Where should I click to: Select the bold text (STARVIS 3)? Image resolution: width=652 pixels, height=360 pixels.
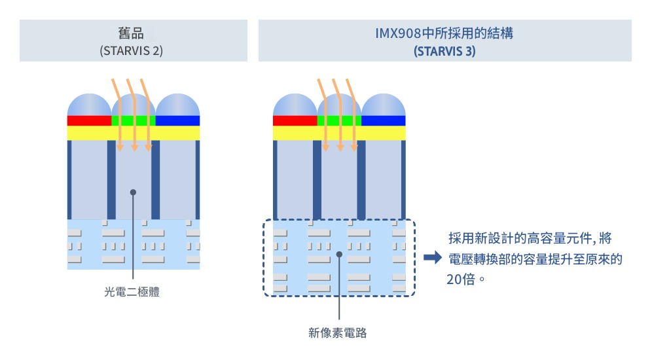[x=444, y=50]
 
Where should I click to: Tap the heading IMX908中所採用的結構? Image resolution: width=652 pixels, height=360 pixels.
[x=444, y=33]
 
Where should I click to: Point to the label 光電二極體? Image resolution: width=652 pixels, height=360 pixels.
[x=132, y=293]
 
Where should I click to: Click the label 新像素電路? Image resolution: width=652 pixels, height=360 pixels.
[x=338, y=333]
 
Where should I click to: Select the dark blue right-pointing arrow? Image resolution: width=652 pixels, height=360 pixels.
[x=433, y=258]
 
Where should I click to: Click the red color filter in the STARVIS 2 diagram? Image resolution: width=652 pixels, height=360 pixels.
[x=90, y=120]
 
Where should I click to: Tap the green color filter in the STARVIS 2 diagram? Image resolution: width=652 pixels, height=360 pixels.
[x=133, y=120]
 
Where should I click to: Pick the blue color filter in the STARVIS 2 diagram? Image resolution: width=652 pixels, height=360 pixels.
[x=177, y=120]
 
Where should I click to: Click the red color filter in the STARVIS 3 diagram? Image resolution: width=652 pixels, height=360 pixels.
[x=295, y=120]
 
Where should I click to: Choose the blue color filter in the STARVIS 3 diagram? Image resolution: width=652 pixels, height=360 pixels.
[x=384, y=120]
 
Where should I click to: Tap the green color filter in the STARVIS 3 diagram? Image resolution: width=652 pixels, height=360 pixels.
[x=339, y=120]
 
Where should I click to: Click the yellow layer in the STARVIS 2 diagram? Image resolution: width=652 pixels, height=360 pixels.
[x=134, y=132]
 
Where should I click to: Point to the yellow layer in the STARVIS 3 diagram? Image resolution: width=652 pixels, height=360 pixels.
[x=339, y=133]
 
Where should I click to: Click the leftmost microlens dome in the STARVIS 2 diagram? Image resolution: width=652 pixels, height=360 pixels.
[x=90, y=105]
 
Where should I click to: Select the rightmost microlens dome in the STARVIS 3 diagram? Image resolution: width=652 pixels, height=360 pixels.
[x=384, y=105]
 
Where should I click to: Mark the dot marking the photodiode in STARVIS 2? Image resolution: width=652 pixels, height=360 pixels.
[x=133, y=192]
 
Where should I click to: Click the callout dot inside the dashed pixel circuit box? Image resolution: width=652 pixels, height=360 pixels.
[x=338, y=254]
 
